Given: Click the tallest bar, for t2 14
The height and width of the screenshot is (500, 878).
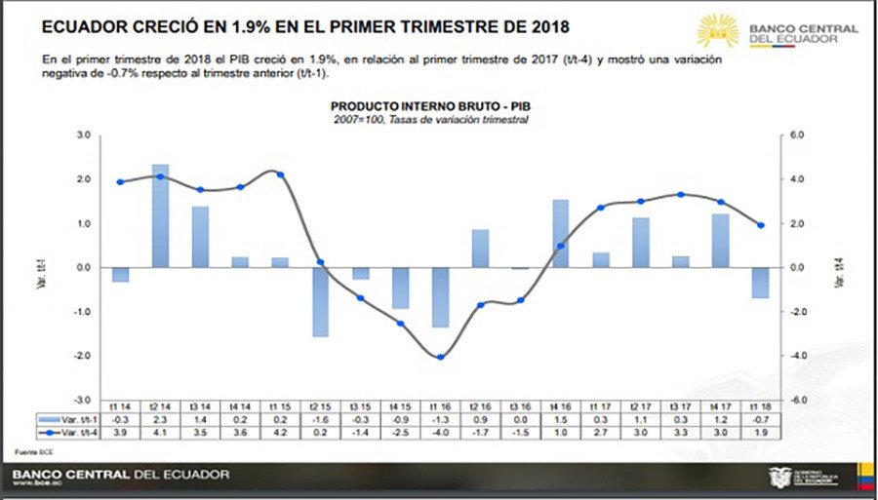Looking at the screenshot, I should pos(160,216).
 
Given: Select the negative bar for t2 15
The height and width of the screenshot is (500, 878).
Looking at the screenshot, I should pos(320,301).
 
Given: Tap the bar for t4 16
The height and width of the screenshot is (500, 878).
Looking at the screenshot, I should pos(560,234).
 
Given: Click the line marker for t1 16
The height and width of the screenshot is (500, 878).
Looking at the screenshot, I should pos(440,357).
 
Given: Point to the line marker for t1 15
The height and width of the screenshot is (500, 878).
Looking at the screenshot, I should pos(280,174).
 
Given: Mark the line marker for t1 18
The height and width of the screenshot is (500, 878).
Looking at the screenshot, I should pos(760,225).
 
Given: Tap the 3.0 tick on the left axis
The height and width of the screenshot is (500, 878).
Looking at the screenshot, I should pos(84,135).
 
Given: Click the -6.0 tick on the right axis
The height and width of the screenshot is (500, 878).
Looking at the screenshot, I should pos(796,401).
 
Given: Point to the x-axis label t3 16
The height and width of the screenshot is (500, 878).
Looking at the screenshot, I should pos(520,406).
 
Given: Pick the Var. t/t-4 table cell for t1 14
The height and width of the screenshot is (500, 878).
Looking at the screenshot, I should pos(120,430).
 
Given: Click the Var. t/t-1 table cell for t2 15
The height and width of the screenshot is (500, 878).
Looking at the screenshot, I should pos(320,418).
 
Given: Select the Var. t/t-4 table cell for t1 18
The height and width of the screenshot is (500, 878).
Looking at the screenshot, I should pos(760,430).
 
